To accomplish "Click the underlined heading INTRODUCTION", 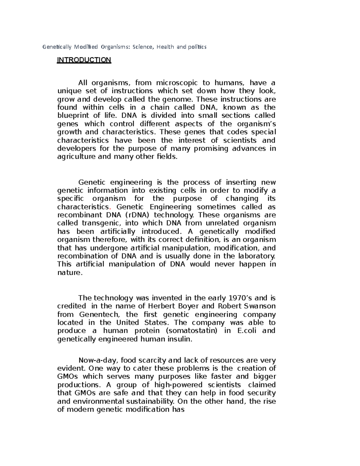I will click(84, 60).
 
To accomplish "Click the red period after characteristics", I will click(110, 207).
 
